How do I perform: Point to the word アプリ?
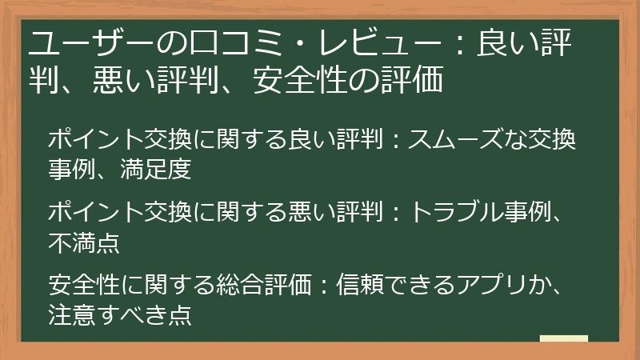[x=501, y=286]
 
